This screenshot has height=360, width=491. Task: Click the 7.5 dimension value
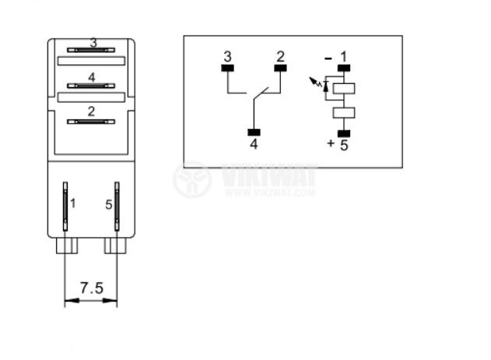[x=92, y=288]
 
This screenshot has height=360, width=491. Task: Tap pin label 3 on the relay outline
[x=93, y=43]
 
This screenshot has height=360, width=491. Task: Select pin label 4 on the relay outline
[x=92, y=77]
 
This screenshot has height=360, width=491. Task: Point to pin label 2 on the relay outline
[x=91, y=111]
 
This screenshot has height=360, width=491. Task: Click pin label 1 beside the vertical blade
[x=73, y=203]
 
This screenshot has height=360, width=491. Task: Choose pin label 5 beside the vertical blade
[x=108, y=204]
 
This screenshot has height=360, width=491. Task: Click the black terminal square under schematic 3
[x=228, y=68]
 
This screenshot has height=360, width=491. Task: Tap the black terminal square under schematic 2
[x=280, y=68]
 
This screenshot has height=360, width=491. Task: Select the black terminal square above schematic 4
[x=254, y=132]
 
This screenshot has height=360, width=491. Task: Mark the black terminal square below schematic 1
[x=344, y=68]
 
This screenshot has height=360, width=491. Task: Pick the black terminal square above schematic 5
[x=344, y=134]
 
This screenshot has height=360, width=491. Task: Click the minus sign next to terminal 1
[x=328, y=58]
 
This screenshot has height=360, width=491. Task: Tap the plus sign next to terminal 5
[x=331, y=143]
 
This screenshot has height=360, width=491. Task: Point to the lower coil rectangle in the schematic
[x=344, y=113]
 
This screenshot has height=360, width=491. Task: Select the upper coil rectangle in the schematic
[x=344, y=89]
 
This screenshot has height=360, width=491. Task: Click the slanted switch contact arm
[x=261, y=93]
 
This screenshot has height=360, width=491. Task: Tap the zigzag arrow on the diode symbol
[x=314, y=82]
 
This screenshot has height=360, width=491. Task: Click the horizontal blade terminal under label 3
[x=91, y=50]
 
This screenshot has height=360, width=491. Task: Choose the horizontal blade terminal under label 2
[x=91, y=121]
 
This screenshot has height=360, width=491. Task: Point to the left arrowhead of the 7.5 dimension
[x=72, y=301]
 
